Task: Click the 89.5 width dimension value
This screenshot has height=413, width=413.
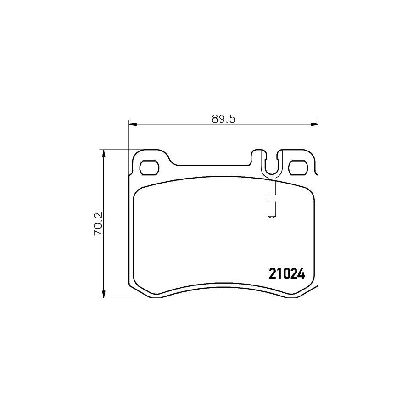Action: pos(223,119)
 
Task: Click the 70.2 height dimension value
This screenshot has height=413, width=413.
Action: pos(99,224)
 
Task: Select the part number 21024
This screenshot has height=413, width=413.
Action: pos(287,274)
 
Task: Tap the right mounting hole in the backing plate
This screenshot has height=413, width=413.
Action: pos(298,168)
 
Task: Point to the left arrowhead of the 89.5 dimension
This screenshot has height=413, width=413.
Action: pos(134,124)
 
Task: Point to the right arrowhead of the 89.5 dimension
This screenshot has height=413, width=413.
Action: pos(314,124)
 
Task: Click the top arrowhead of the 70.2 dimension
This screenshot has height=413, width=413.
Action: pos(104,154)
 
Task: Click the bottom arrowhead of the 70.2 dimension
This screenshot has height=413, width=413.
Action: pos(104,294)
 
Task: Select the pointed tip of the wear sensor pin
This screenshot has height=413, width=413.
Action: pos(272,218)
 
